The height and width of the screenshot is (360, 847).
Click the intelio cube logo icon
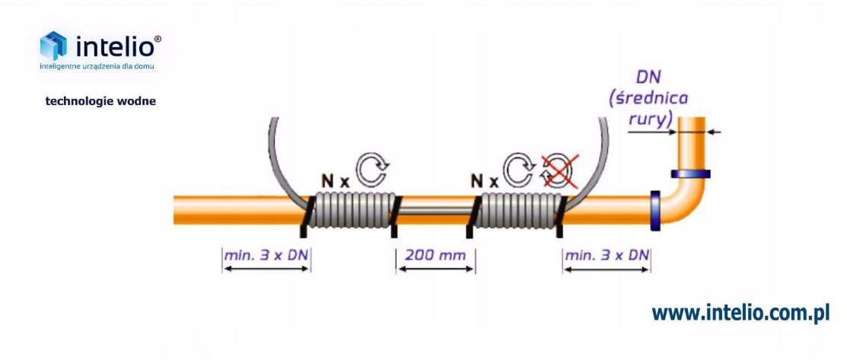[53, 46]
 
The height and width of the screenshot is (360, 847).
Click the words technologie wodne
[100, 100]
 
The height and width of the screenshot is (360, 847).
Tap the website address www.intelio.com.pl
[740, 313]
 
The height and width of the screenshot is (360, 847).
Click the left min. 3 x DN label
[266, 255]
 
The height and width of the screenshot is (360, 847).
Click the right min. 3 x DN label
[607, 255]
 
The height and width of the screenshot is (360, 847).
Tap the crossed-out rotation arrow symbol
[558, 171]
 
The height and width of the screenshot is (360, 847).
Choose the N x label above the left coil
[336, 181]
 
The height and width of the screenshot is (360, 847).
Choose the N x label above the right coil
[484, 181]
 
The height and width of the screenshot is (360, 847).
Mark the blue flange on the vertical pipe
[689, 174]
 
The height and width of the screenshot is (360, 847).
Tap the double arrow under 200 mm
[435, 269]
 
